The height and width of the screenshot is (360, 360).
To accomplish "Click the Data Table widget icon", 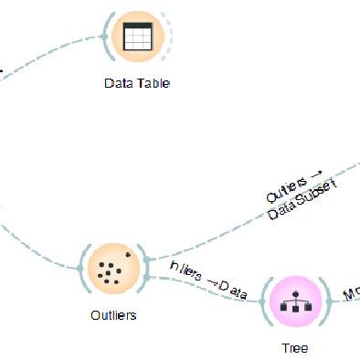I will click(x=136, y=37).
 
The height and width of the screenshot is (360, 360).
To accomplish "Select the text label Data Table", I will click(x=137, y=83).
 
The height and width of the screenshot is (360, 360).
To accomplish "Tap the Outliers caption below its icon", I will click(x=114, y=315).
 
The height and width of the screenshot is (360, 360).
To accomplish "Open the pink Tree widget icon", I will click(x=295, y=302).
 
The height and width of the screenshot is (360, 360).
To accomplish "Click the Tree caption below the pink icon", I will click(x=295, y=348).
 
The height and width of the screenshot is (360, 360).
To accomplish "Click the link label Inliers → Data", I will click(x=209, y=280).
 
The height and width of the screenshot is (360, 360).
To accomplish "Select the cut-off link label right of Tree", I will click(x=351, y=294).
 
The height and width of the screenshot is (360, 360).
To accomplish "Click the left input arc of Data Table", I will click(x=108, y=37).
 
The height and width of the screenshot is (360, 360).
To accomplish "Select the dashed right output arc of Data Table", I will click(x=166, y=37).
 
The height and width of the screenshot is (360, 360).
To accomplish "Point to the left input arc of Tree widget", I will click(x=266, y=302).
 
